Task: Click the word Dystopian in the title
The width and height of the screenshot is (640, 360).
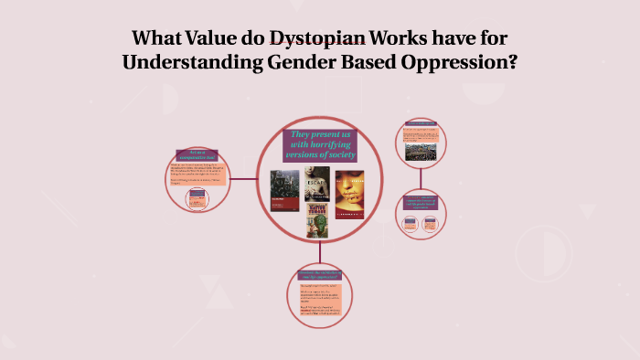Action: tap(315, 39)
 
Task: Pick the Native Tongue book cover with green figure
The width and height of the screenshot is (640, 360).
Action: tap(317, 220)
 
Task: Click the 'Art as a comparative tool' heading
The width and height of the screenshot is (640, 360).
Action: tap(198, 154)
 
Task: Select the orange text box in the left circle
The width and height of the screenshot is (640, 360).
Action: tap(198, 173)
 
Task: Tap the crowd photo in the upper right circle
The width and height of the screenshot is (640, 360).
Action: tap(421, 144)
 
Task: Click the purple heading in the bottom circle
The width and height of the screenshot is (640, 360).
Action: tap(320, 274)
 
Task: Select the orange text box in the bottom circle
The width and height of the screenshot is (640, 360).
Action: tap(320, 302)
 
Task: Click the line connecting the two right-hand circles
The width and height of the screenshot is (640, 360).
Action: tap(421, 178)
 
